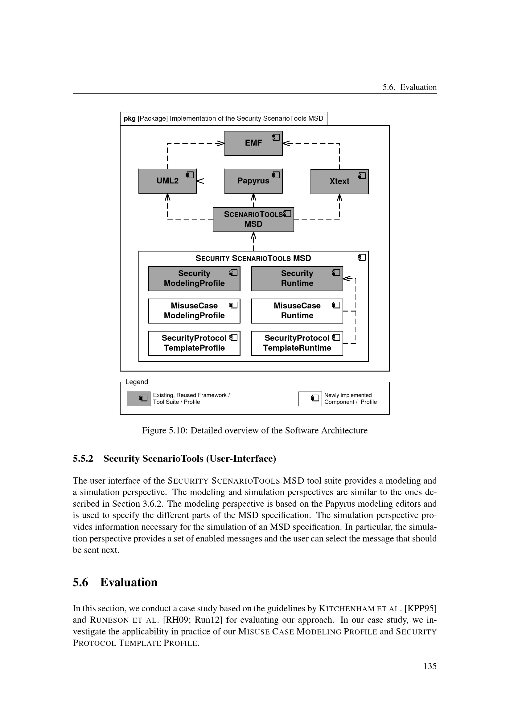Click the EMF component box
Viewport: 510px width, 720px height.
(x=253, y=143)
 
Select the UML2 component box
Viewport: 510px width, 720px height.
(x=167, y=181)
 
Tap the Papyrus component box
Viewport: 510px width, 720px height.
(x=253, y=181)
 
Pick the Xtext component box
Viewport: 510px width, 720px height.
(x=339, y=182)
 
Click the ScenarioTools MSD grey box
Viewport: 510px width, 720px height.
(x=253, y=219)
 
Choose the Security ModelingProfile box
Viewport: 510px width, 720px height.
(x=194, y=279)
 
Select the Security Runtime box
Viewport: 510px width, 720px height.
(x=297, y=279)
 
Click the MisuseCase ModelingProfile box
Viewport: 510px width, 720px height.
(x=194, y=311)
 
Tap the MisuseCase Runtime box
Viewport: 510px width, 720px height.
(x=297, y=311)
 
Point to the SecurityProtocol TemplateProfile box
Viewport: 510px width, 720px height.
(x=194, y=343)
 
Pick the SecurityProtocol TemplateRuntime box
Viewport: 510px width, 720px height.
(x=297, y=343)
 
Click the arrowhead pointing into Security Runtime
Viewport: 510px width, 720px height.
(x=346, y=279)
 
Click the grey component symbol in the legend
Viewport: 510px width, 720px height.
(x=138, y=399)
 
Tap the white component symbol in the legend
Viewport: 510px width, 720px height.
(x=310, y=399)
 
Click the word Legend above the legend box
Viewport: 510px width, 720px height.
(x=137, y=382)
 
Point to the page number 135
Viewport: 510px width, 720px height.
(x=430, y=666)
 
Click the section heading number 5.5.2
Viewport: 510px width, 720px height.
(x=83, y=458)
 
